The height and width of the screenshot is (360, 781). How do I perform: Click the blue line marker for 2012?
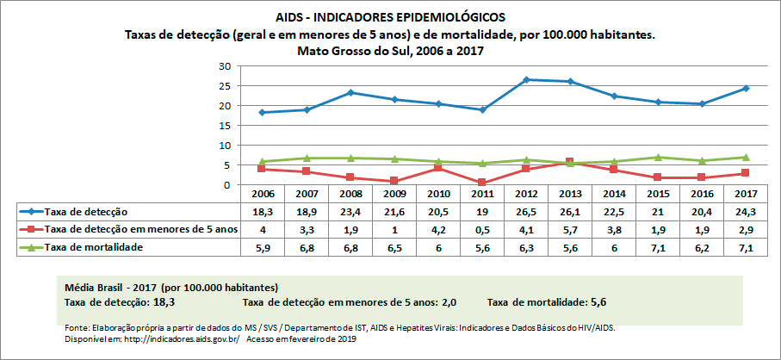point(526,80)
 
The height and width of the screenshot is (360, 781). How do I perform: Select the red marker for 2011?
point(482,183)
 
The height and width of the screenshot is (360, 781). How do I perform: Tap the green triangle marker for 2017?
point(746,157)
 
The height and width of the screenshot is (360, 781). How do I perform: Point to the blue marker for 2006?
point(262,112)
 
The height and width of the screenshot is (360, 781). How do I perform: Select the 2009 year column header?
point(394,196)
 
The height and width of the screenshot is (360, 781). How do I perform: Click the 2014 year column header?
point(614,196)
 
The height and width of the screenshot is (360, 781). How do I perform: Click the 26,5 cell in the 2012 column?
point(526,212)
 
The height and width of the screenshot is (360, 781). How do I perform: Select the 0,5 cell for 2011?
point(482,229)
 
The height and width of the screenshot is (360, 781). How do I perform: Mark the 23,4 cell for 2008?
point(350,212)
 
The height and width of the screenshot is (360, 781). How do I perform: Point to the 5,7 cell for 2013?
point(570,229)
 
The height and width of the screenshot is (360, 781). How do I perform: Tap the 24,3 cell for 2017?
point(746,212)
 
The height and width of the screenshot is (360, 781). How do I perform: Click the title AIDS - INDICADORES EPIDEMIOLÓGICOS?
point(390,17)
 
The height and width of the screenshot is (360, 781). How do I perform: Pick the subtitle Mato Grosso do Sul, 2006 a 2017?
point(390,51)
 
